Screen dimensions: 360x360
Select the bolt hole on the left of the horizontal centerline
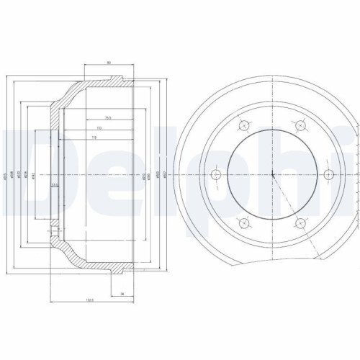tap(215, 174)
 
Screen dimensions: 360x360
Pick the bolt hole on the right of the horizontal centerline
tap(328, 174)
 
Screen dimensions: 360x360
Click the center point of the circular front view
tap(274, 174)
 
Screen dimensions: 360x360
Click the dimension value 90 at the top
tap(108, 63)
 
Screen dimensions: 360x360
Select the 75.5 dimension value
tap(107, 117)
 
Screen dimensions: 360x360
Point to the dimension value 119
tap(94, 136)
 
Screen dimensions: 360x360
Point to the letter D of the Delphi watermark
tap(22, 155)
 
